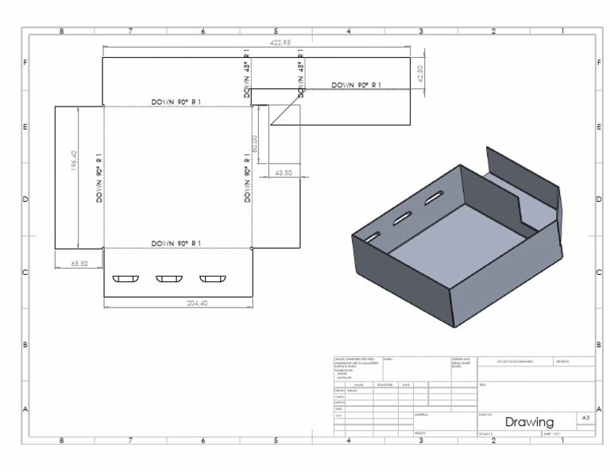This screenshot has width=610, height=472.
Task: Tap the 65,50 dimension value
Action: pyautogui.click(x=79, y=263)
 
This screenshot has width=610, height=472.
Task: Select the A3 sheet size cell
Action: pyautogui.click(x=585, y=417)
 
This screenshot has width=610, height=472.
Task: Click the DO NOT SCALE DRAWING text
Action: pyautogui.click(x=515, y=362)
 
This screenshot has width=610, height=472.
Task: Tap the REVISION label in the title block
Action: pyautogui.click(x=565, y=362)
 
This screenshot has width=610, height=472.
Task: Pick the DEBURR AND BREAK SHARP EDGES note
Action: pyautogui.click(x=461, y=363)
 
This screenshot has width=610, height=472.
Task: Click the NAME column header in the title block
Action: pyautogui.click(x=359, y=385)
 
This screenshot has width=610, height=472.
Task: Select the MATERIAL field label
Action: pyautogui.click(x=422, y=414)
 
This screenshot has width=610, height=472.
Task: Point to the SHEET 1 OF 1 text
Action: pyautogui.click(x=552, y=434)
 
